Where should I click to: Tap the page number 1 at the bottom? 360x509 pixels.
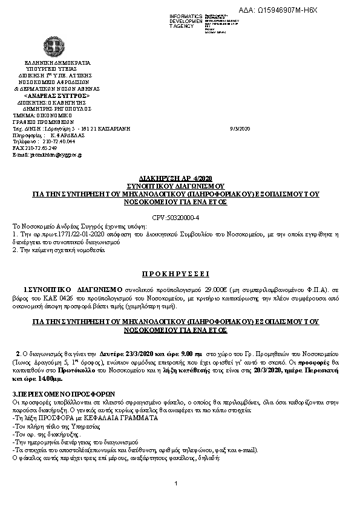pos(175,484)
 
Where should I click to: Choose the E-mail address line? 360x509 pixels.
pos(47,155)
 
